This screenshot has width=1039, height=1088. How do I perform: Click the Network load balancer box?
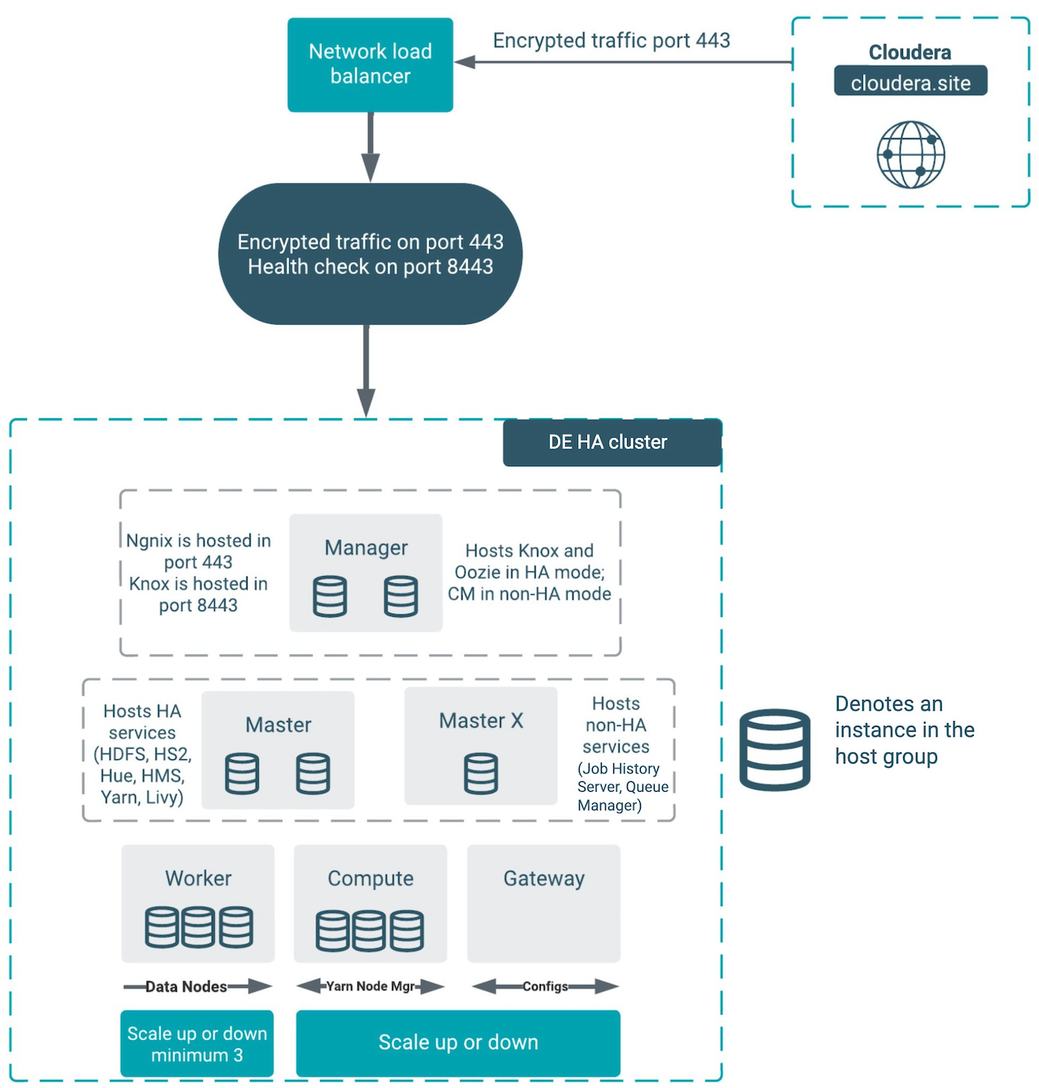point(370,64)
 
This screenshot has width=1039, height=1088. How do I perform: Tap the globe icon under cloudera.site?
point(910,155)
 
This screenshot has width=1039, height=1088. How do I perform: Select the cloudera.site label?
point(910,82)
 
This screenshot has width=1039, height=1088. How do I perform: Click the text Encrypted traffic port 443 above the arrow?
point(611,41)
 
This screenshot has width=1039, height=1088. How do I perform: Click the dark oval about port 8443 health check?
point(370,254)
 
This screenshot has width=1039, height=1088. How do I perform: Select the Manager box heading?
point(366,548)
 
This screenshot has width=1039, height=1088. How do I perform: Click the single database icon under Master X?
point(480,773)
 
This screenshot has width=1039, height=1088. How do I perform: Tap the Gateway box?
point(543,902)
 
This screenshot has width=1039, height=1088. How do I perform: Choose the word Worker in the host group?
point(198,878)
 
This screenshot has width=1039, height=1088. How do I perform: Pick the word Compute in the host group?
point(370,878)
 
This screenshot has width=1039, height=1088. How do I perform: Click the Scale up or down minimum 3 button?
point(197,1044)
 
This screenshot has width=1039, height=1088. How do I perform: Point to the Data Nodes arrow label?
point(186,986)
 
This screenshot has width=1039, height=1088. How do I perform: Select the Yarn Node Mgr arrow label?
point(370,986)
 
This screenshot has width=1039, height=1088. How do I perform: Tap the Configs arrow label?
point(545,986)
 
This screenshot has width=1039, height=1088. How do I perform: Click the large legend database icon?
point(774,749)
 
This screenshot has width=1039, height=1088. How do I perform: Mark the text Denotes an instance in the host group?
point(904,730)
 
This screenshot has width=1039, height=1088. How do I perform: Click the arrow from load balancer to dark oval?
point(370,146)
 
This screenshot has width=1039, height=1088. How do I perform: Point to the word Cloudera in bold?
point(910,52)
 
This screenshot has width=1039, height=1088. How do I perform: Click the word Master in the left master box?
point(278,724)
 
